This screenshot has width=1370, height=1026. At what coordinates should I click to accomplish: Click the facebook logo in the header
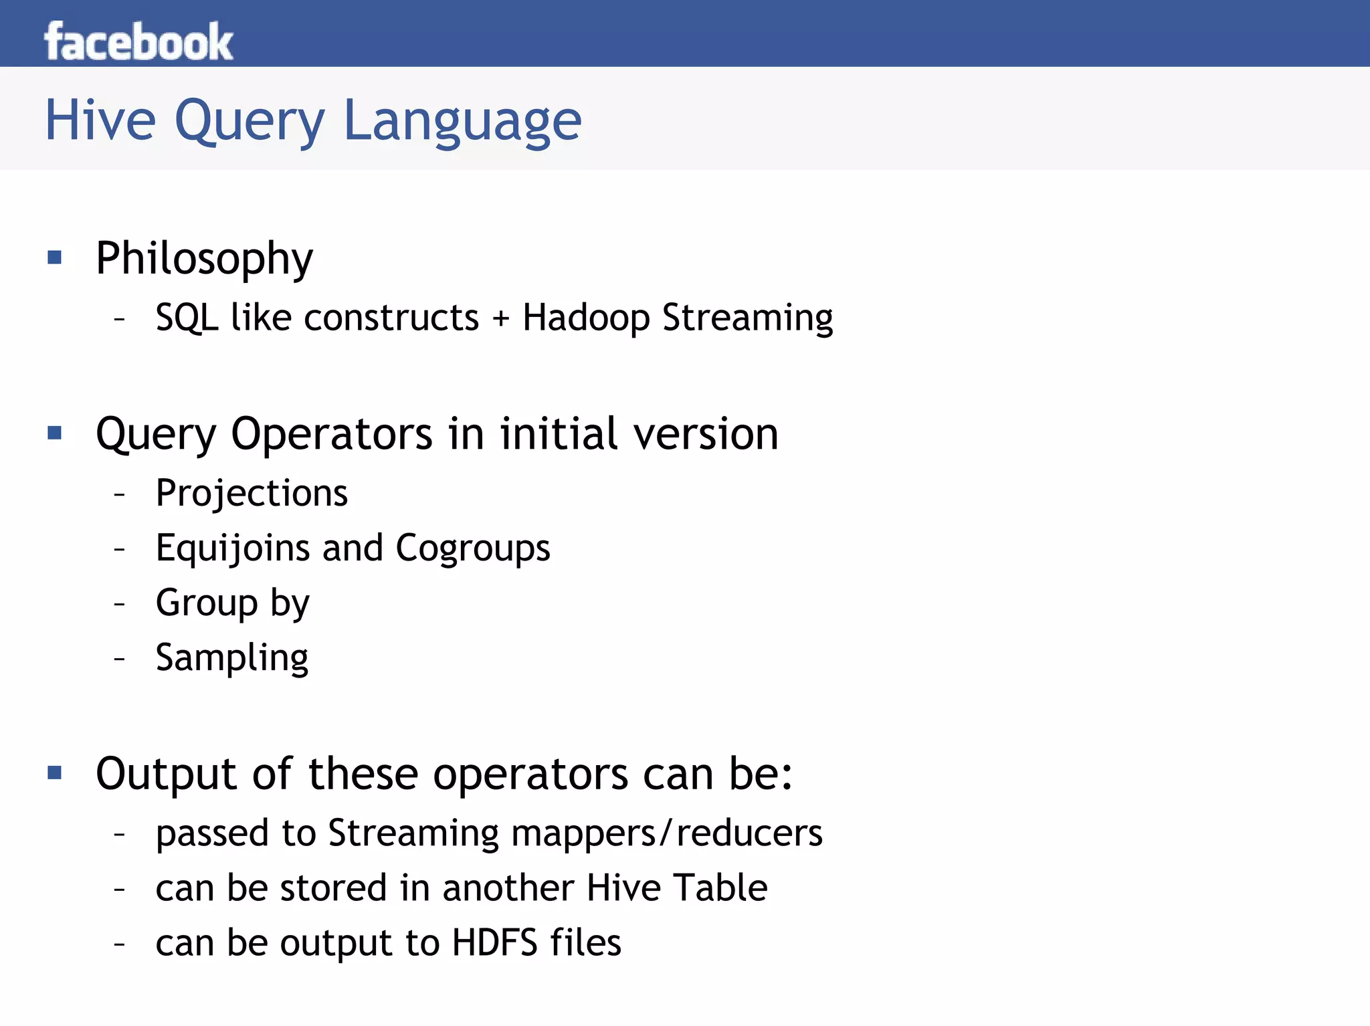tap(138, 41)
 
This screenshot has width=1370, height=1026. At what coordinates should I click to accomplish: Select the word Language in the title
tap(462, 122)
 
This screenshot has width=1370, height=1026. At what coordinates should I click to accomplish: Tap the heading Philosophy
tap(204, 259)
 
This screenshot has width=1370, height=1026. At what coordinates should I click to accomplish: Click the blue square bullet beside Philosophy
tap(55, 258)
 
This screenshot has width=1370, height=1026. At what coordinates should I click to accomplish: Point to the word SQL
tap(187, 317)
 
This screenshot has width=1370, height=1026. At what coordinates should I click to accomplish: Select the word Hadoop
tap(586, 318)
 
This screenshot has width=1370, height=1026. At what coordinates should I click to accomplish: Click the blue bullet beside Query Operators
tap(55, 433)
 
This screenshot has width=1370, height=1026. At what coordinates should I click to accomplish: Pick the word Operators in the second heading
tap(332, 435)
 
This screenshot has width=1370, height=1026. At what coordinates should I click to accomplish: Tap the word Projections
tap(252, 494)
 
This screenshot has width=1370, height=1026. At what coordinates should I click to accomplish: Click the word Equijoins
tap(232, 548)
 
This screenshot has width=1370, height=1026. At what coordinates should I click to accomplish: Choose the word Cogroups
tap(473, 548)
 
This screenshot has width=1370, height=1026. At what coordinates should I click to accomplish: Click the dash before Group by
tap(120, 604)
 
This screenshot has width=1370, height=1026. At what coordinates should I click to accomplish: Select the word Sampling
tap(232, 658)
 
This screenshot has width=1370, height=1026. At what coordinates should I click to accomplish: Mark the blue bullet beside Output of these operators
tap(55, 773)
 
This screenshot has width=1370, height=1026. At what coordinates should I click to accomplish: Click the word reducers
tap(749, 833)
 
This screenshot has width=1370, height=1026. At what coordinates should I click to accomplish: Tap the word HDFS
tap(494, 943)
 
